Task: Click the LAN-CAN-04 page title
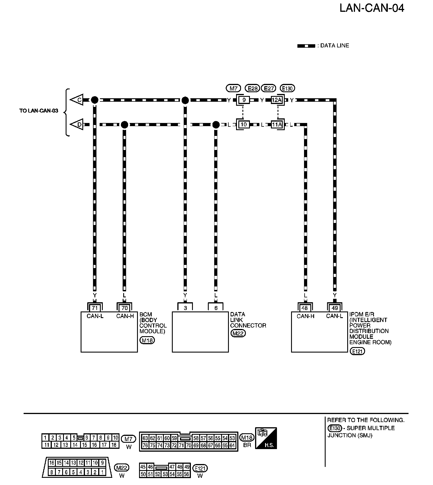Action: (372, 8)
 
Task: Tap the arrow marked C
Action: (77, 100)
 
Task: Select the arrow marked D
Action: (77, 125)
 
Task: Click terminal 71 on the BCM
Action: (95, 308)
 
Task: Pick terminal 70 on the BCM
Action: (124, 308)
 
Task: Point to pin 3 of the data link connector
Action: (185, 308)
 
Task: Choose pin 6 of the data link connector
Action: (216, 308)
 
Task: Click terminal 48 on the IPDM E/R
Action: (305, 308)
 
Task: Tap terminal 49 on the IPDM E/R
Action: (335, 308)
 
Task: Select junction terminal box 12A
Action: (277, 100)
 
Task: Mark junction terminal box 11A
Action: (277, 125)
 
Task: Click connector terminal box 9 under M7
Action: (244, 100)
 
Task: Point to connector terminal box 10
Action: (244, 125)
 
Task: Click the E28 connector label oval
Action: (252, 88)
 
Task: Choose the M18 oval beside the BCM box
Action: (147, 340)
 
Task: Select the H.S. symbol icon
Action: (266, 438)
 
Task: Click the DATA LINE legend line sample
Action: (306, 46)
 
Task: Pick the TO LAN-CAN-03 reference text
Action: (39, 111)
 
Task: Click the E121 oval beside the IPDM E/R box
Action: (357, 351)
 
